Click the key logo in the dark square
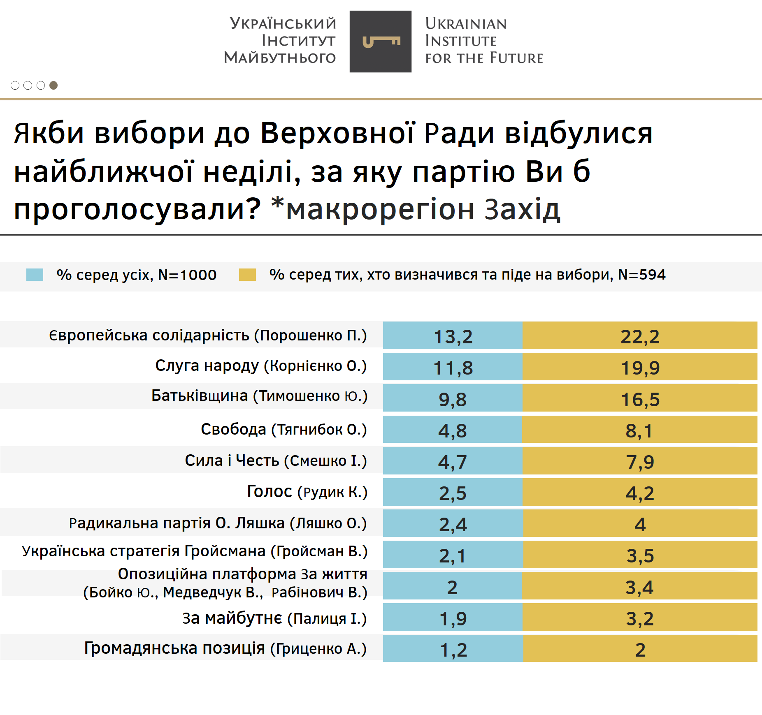(381, 42)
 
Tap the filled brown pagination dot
(53, 85)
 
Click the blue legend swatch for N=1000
(35, 275)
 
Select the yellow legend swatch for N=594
(247, 275)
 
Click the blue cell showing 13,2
(453, 336)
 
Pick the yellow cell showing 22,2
(640, 336)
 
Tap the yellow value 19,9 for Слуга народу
(640, 368)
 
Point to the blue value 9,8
(453, 399)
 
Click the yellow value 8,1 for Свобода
(639, 430)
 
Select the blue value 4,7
(453, 462)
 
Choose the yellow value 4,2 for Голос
(640, 493)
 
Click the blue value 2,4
(453, 524)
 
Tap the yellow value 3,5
(640, 555)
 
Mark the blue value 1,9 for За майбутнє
(453, 618)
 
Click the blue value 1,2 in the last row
(453, 650)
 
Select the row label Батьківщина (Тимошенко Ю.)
(259, 396)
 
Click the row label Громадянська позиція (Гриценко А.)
(225, 648)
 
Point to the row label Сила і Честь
(275, 460)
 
